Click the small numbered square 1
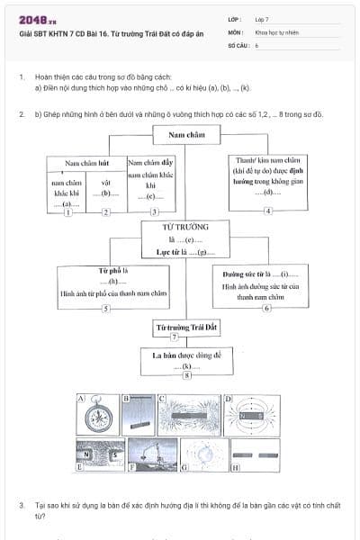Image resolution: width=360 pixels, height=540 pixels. click(x=67, y=211)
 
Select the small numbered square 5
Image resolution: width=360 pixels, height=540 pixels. click(x=105, y=308)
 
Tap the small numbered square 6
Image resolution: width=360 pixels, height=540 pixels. click(x=266, y=308)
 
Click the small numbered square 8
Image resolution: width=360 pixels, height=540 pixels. click(x=186, y=376)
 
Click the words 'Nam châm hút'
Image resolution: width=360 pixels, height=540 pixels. click(x=86, y=163)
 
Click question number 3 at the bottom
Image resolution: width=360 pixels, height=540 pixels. click(x=21, y=507)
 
